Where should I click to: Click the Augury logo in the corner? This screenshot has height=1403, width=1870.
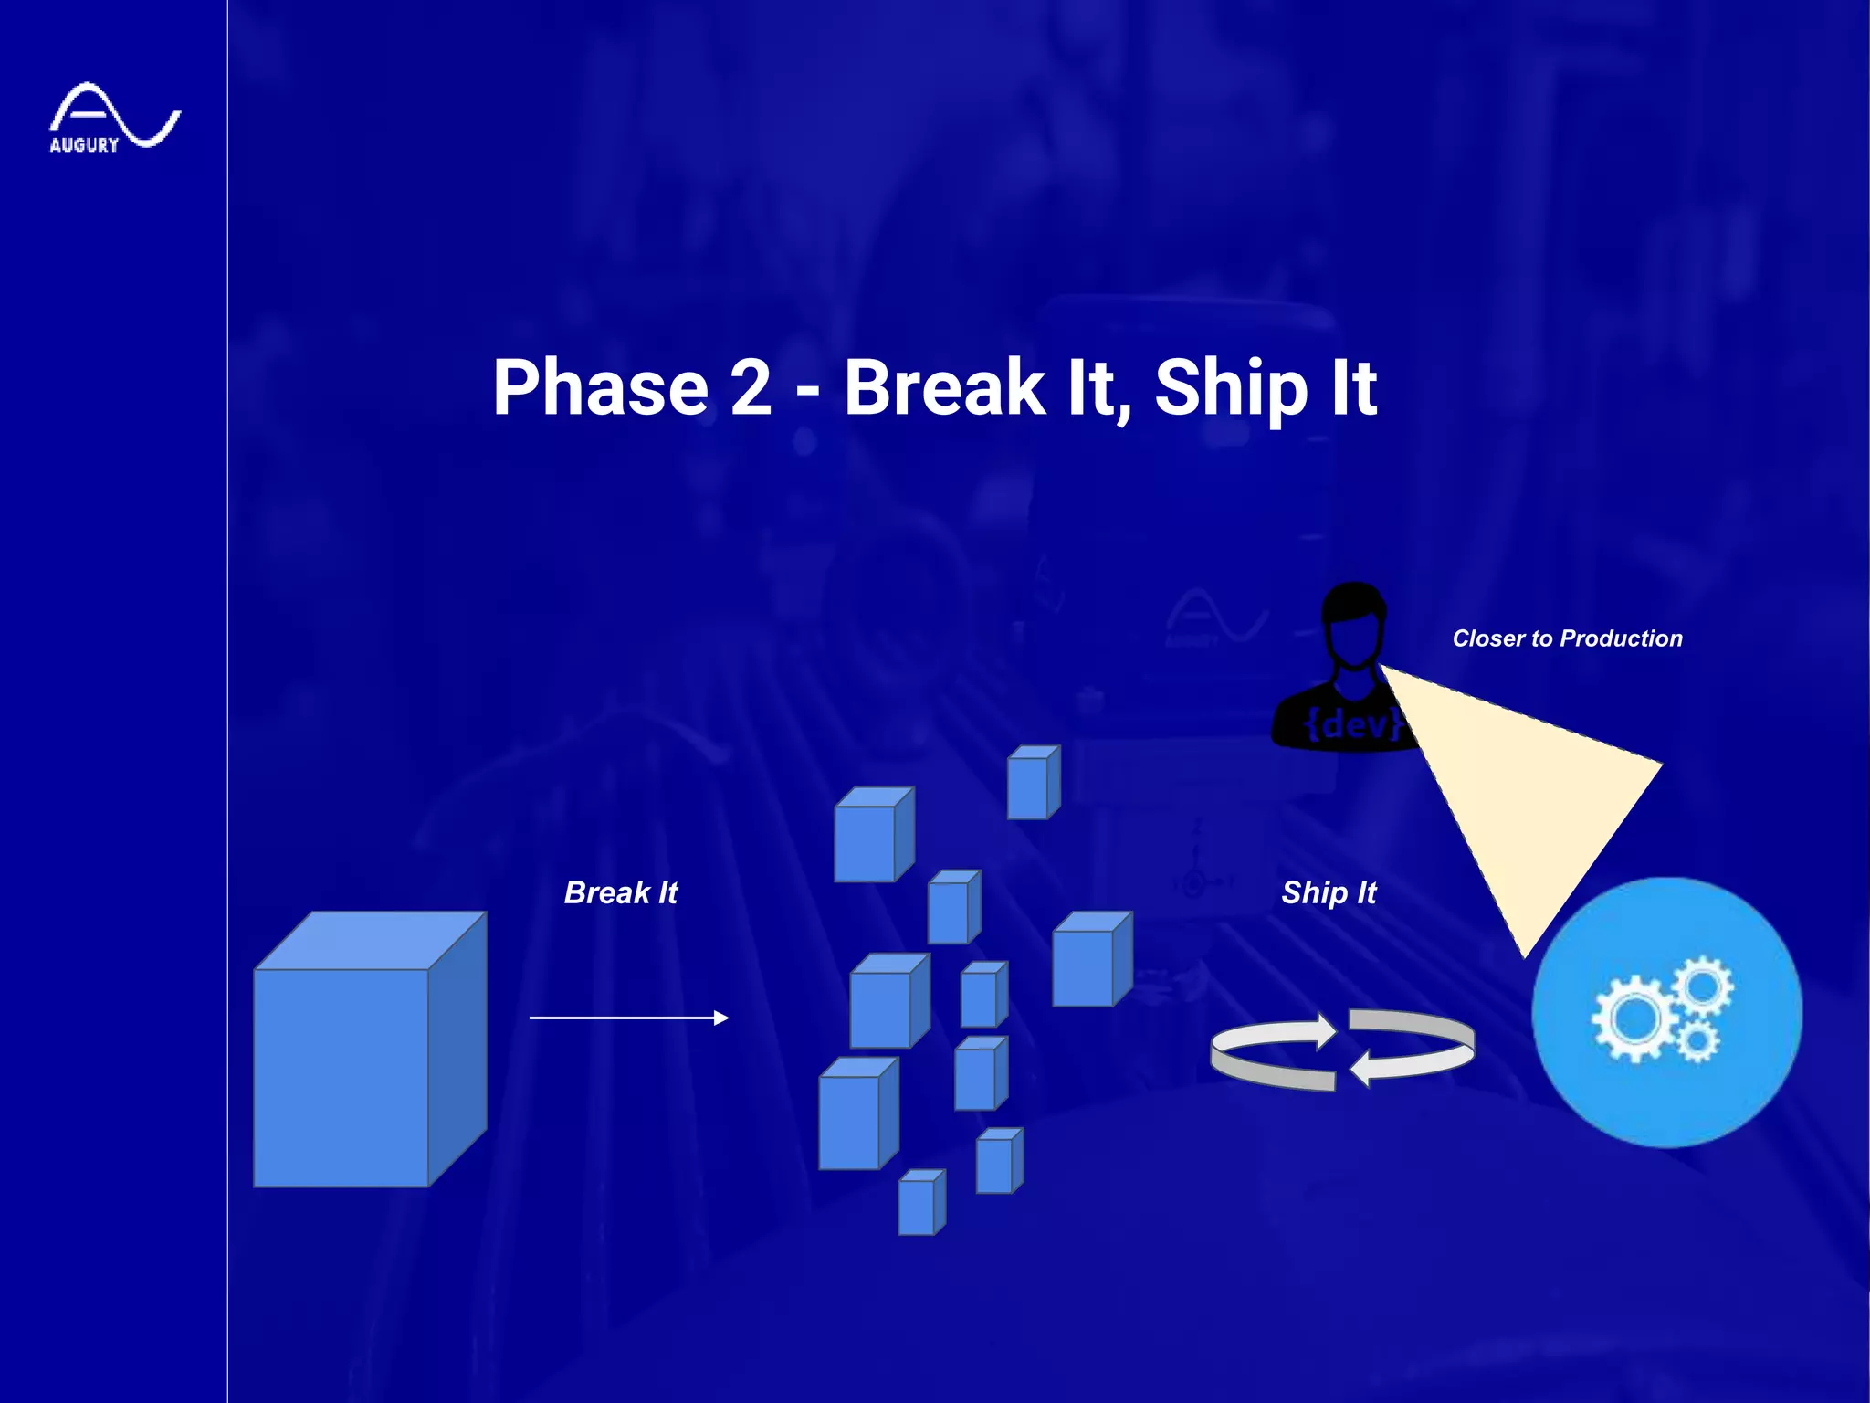113,118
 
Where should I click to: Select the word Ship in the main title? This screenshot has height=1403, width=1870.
1231,389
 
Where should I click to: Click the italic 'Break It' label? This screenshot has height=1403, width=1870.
621,892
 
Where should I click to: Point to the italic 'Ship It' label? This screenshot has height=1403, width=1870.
1329,892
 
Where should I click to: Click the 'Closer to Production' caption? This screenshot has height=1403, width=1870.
1567,638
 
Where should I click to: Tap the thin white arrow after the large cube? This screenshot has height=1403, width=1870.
629,1017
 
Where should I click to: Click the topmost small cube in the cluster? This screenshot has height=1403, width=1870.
1033,784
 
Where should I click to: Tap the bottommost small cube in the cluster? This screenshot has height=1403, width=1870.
920,1203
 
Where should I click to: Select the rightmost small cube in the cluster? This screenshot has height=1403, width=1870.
1091,961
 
